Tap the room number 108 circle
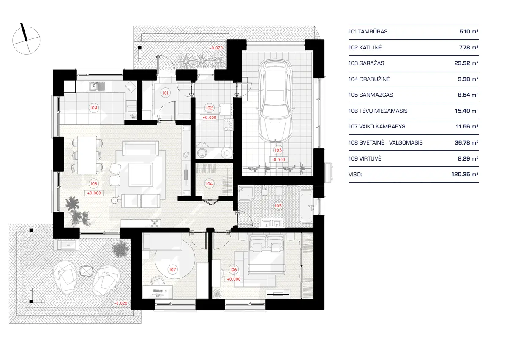click(x=93, y=184)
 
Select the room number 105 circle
click(x=278, y=206)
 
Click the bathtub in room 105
click(x=306, y=206)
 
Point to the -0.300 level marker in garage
click(x=278, y=160)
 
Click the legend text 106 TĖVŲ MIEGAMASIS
click(x=378, y=111)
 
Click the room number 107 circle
click(x=172, y=269)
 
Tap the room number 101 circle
click(x=166, y=92)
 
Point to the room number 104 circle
click(x=209, y=184)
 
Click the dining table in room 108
click(x=88, y=155)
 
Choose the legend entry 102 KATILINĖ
click(x=365, y=47)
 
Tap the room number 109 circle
click(x=93, y=108)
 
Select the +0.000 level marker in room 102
click(x=210, y=117)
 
